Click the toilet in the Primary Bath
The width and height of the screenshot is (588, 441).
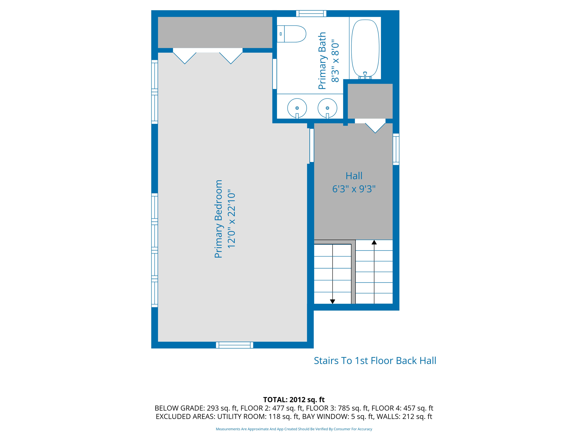click(291, 34)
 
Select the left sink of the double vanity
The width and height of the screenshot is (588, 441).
click(297, 108)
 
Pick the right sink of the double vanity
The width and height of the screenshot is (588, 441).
click(327, 108)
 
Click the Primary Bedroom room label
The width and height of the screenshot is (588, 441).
click(218, 219)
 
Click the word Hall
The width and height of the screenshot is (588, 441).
click(354, 176)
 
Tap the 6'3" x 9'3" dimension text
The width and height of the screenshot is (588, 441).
click(354, 189)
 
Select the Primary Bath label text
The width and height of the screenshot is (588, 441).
click(322, 61)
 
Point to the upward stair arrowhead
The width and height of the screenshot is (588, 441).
click(374, 242)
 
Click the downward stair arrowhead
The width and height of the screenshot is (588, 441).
click(332, 301)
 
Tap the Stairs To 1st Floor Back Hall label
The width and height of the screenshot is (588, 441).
click(375, 361)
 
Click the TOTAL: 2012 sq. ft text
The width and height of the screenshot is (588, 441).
click(294, 400)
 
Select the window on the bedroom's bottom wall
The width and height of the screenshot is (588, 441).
click(235, 345)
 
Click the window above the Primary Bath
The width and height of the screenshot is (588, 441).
click(311, 13)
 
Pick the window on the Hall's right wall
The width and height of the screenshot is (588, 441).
click(396, 149)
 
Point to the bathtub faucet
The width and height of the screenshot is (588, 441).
click(365, 76)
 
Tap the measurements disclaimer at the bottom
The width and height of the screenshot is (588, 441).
click(294, 429)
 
